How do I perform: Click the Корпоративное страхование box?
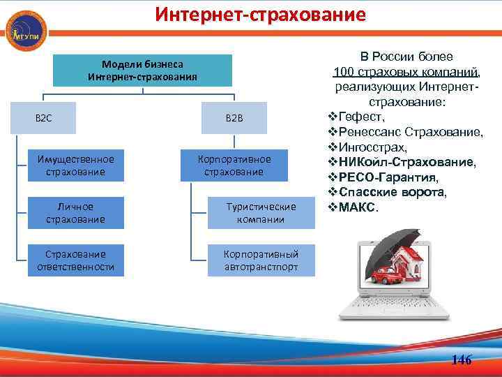click(234, 165)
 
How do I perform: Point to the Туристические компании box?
click(261, 213)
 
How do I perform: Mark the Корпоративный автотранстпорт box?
click(261, 260)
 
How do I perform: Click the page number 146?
click(462, 360)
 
